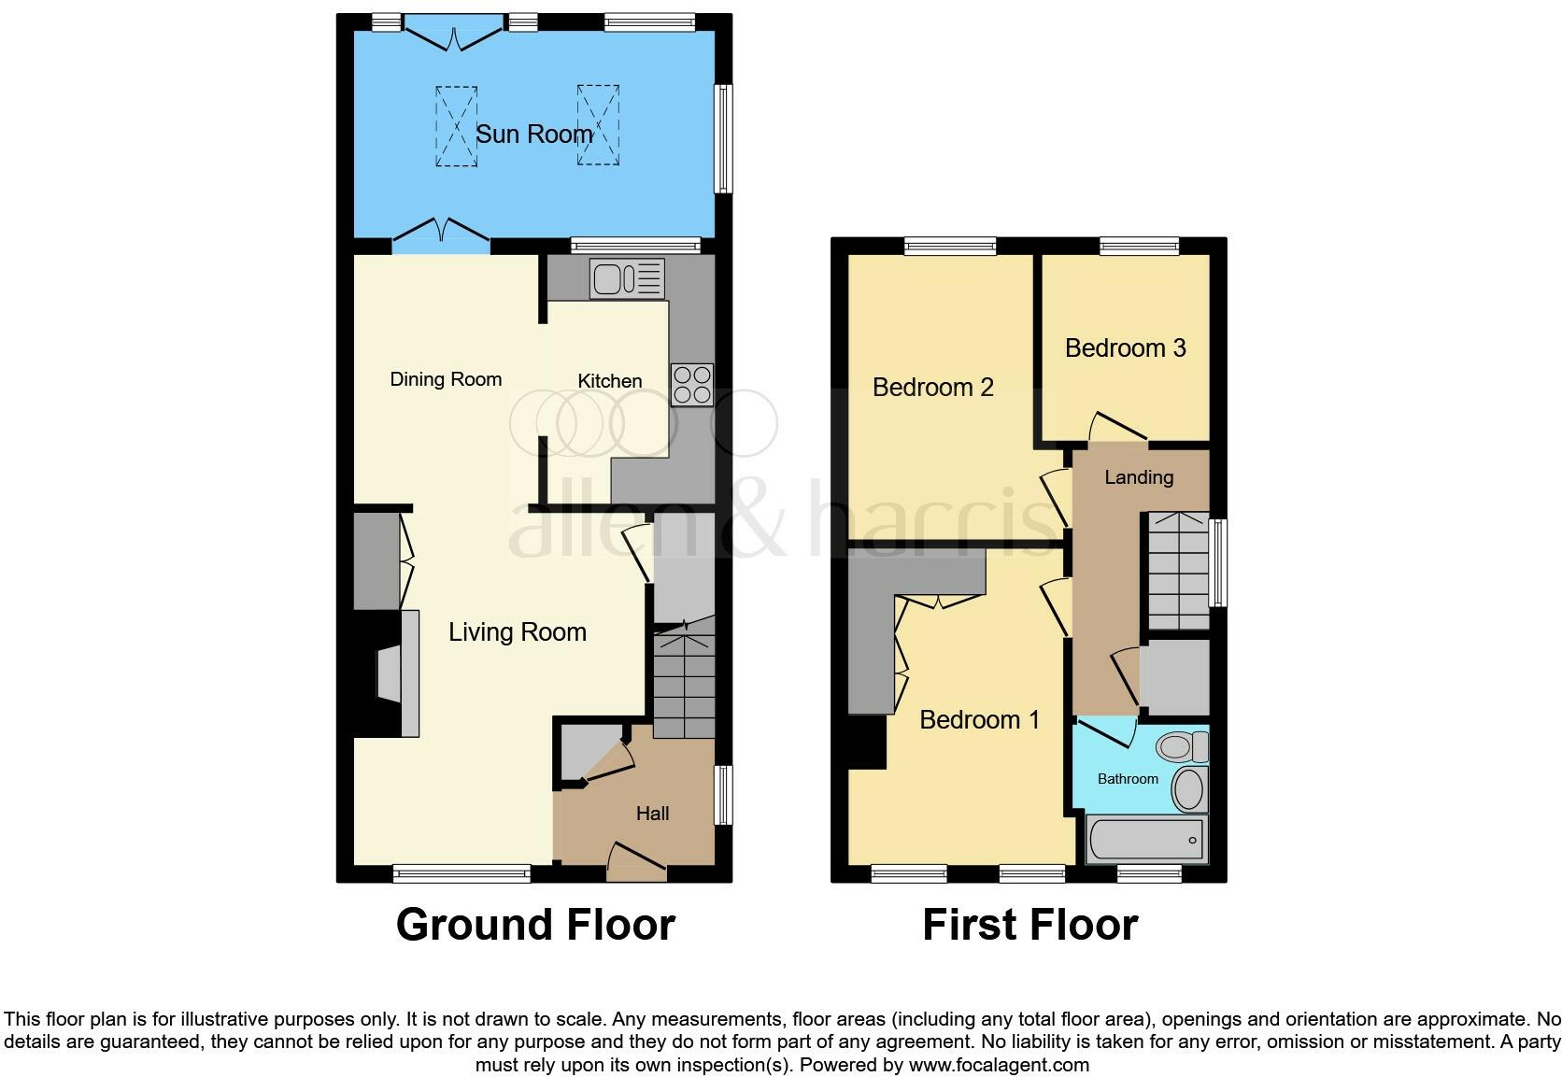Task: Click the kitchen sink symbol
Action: pyautogui.click(x=627, y=278)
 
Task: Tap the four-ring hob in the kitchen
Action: pyautogui.click(x=691, y=385)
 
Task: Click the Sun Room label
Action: pyautogui.click(x=533, y=135)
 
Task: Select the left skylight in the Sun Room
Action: pyautogui.click(x=456, y=126)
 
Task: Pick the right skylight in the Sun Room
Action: pyautogui.click(x=598, y=125)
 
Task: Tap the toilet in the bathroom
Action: pyautogui.click(x=1181, y=746)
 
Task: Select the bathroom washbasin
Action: pyautogui.click(x=1189, y=789)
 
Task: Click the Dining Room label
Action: pyautogui.click(x=446, y=379)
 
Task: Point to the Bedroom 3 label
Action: pyautogui.click(x=1125, y=348)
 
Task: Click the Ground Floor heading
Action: pyautogui.click(x=535, y=925)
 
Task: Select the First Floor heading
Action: pyautogui.click(x=1029, y=925)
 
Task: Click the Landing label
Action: pyautogui.click(x=1139, y=477)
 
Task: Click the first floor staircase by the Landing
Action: pyautogui.click(x=1177, y=570)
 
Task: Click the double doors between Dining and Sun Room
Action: pyautogui.click(x=441, y=234)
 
